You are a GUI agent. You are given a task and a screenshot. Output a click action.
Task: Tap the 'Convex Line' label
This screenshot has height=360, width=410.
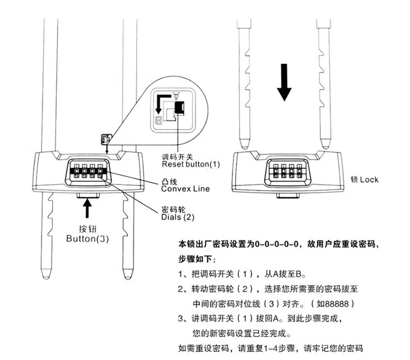[185, 188]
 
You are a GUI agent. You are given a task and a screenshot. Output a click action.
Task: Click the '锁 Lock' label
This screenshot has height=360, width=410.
[365, 179]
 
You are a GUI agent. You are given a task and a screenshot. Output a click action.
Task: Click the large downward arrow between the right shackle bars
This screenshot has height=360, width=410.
[284, 82]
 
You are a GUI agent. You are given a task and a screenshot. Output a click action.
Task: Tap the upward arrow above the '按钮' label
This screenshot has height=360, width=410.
[87, 209]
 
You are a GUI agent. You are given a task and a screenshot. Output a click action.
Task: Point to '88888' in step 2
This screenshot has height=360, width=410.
[339, 303]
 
